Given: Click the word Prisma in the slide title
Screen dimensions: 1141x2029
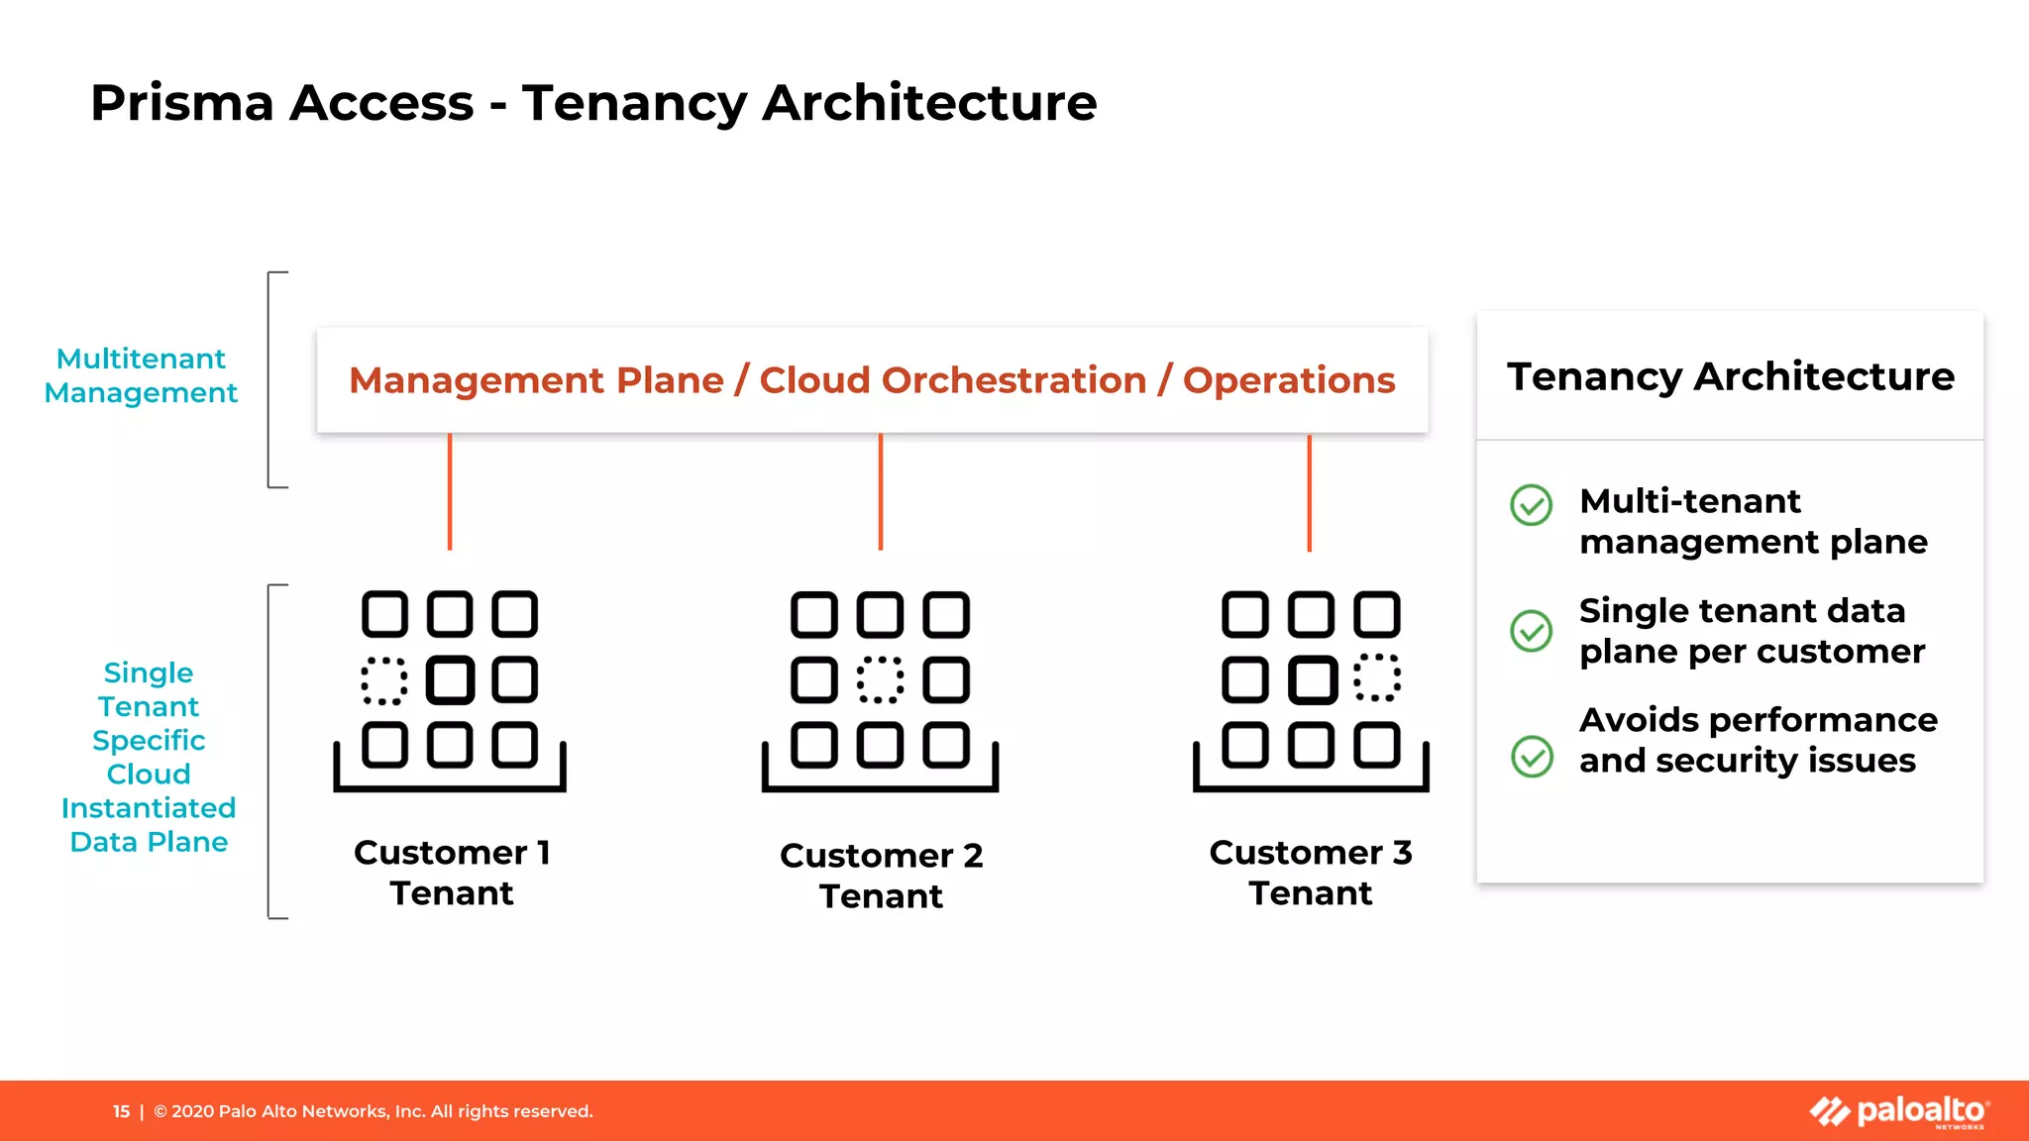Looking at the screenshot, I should click(182, 103).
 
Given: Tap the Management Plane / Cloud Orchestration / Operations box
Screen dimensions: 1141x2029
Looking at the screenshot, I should click(872, 380).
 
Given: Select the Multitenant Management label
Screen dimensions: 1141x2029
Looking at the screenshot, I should click(141, 375).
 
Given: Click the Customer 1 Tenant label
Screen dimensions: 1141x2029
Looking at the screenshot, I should click(452, 873).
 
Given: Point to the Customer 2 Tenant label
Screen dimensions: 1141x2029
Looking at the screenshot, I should click(881, 876).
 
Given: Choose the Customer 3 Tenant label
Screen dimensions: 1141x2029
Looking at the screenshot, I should click(1310, 873).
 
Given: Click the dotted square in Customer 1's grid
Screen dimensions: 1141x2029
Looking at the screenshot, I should click(384, 680).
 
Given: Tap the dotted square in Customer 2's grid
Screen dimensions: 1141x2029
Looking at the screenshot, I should click(880, 680).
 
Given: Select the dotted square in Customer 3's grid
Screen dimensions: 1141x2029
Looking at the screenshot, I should click(1377, 678).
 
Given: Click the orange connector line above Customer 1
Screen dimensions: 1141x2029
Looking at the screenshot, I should click(450, 491).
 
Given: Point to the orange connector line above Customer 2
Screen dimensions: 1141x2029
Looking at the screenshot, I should click(880, 491).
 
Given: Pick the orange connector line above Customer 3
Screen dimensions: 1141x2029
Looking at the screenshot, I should click(1309, 492).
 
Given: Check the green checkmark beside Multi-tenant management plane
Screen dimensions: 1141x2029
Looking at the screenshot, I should click(1531, 505).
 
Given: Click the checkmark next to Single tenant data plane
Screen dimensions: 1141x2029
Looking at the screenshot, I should click(1531, 631).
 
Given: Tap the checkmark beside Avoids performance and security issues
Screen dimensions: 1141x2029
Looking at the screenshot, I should click(1532, 757).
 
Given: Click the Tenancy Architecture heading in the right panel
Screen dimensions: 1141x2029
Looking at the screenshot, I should click(1730, 376).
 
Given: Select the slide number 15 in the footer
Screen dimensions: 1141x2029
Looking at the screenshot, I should click(121, 1111).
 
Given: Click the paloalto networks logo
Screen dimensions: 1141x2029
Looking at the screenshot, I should click(1899, 1111).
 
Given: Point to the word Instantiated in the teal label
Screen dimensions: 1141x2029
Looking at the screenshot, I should click(149, 808).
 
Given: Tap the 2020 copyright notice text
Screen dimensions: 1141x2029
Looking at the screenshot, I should click(382, 1111).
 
